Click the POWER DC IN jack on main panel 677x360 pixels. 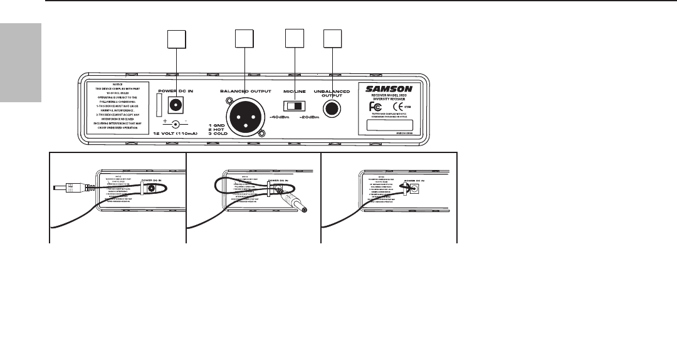click(x=166, y=105)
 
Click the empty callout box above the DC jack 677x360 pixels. click(x=176, y=40)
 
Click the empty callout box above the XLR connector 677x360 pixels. click(x=244, y=40)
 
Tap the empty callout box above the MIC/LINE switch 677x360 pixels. click(x=294, y=40)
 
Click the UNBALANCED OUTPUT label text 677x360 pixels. click(x=331, y=93)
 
